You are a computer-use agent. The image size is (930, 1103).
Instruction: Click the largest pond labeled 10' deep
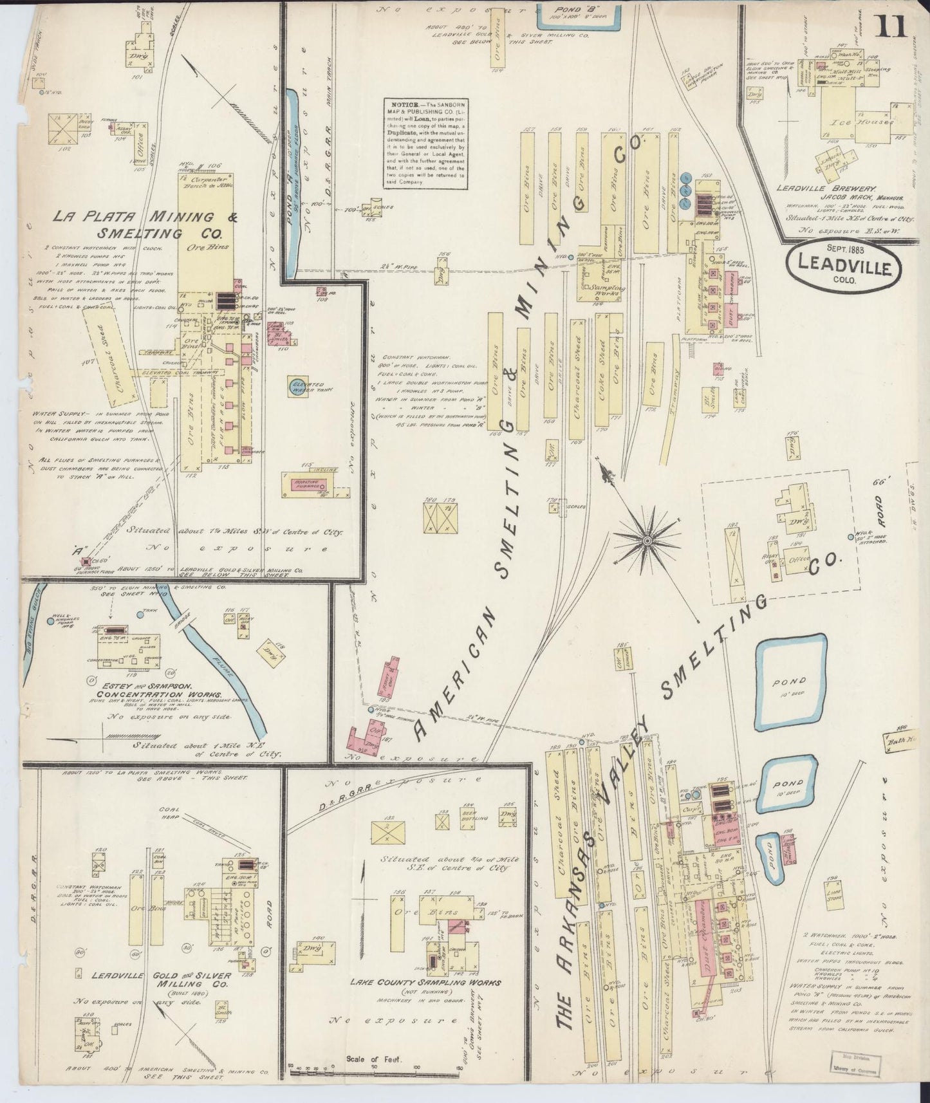click(x=790, y=682)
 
